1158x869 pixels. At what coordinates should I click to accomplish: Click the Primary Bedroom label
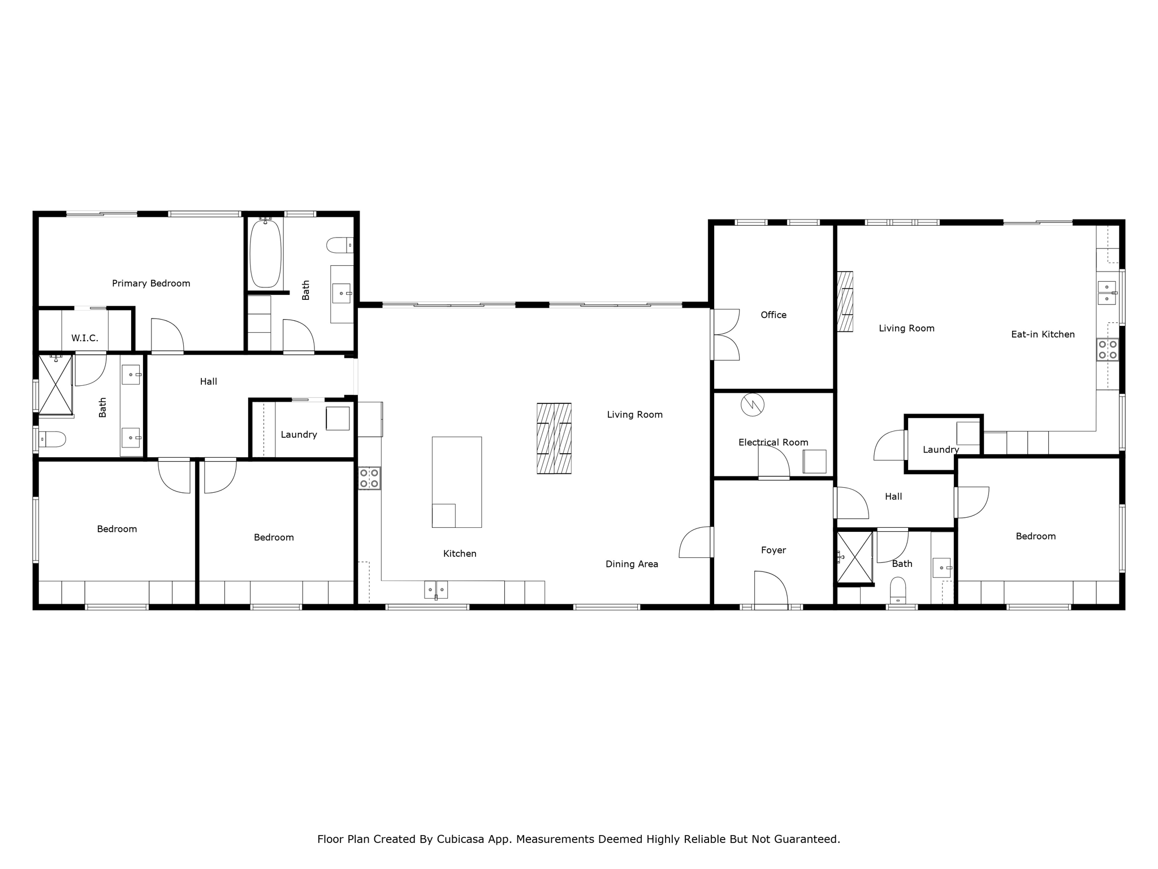click(151, 283)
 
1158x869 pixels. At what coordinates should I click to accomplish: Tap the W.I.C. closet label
click(85, 338)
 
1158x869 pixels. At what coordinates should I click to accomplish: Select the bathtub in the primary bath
click(265, 254)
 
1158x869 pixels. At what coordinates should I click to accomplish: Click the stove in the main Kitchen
click(369, 478)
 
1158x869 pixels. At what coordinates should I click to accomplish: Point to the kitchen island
click(457, 481)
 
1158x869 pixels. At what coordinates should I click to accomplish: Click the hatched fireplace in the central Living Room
click(554, 438)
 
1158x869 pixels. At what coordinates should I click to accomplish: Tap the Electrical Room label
click(773, 442)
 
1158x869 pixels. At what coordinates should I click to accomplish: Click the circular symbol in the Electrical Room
click(753, 405)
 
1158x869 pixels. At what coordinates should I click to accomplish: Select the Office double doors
click(725, 335)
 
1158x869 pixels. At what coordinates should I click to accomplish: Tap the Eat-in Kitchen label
click(1043, 334)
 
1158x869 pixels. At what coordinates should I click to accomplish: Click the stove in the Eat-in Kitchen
click(1108, 350)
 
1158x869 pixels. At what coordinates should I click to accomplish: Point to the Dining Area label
click(632, 564)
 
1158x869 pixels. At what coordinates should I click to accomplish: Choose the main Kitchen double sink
click(436, 590)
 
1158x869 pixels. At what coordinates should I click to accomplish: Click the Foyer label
click(773, 550)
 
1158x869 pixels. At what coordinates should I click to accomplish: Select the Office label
click(773, 315)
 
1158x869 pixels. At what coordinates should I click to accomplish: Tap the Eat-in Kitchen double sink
click(1107, 293)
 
